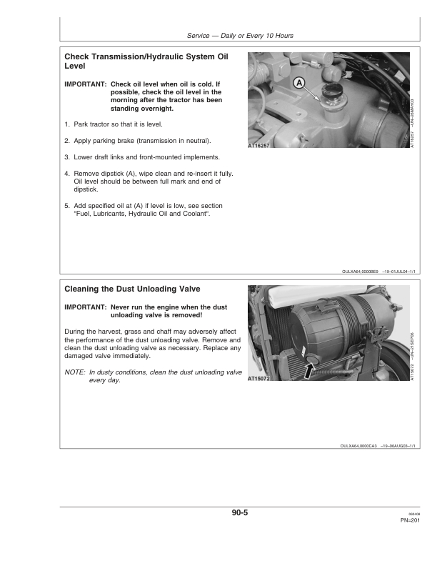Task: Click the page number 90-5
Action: pyautogui.click(x=239, y=512)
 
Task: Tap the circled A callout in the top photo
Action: pyautogui.click(x=300, y=83)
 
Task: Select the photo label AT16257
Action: pyautogui.click(x=260, y=144)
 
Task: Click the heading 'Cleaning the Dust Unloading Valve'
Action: pyautogui.click(x=132, y=289)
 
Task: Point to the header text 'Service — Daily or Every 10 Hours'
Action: pyautogui.click(x=239, y=36)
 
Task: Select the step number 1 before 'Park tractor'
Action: pyautogui.click(x=66, y=124)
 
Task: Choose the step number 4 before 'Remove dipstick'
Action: pyautogui.click(x=66, y=174)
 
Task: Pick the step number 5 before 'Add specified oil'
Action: pyautogui.click(x=66, y=206)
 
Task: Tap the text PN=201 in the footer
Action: pyautogui.click(x=410, y=520)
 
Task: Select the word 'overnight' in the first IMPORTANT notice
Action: pyautogui.click(x=156, y=109)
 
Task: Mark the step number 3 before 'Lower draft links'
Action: pyautogui.click(x=66, y=157)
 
